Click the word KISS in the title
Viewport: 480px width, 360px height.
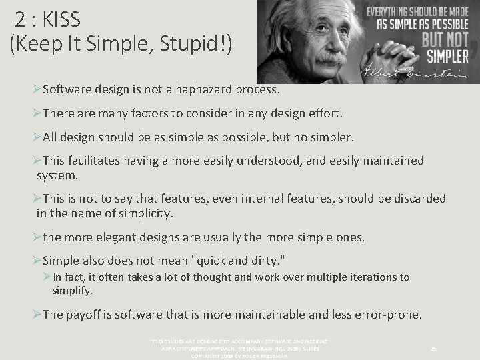pyautogui.click(x=61, y=19)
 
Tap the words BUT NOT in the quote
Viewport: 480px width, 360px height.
pyautogui.click(x=446, y=38)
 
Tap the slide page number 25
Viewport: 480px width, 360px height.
pyautogui.click(x=433, y=348)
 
